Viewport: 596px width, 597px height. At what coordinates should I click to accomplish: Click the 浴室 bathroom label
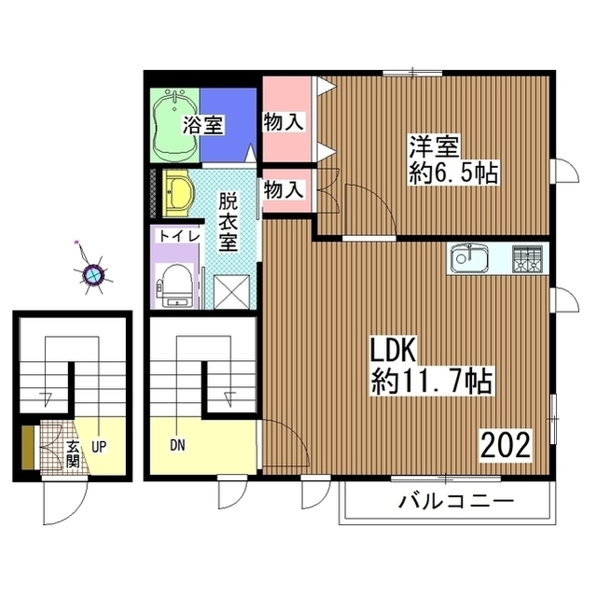(x=202, y=124)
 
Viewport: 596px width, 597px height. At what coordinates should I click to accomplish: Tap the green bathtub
(x=174, y=127)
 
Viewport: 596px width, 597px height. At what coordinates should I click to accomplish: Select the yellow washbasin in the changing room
(x=178, y=193)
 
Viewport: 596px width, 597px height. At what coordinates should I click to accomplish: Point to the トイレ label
(x=179, y=236)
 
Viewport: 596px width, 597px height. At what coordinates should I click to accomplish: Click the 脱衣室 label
(x=228, y=222)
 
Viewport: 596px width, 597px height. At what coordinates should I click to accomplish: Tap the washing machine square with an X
(x=231, y=292)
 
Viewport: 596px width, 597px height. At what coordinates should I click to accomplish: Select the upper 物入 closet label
(x=284, y=122)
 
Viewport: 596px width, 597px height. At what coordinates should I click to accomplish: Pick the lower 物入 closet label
(x=284, y=189)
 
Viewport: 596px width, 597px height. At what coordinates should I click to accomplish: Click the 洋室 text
(x=434, y=146)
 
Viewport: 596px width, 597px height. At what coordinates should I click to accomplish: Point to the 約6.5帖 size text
(x=453, y=174)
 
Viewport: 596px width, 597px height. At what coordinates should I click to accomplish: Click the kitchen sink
(x=469, y=257)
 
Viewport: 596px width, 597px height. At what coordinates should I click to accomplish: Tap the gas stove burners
(x=527, y=258)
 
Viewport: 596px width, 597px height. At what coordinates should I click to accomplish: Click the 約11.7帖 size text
(x=432, y=382)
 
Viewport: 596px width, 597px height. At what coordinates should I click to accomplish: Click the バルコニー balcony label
(x=456, y=501)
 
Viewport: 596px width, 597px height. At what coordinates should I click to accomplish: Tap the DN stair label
(x=177, y=446)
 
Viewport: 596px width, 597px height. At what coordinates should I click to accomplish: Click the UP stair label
(x=99, y=447)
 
